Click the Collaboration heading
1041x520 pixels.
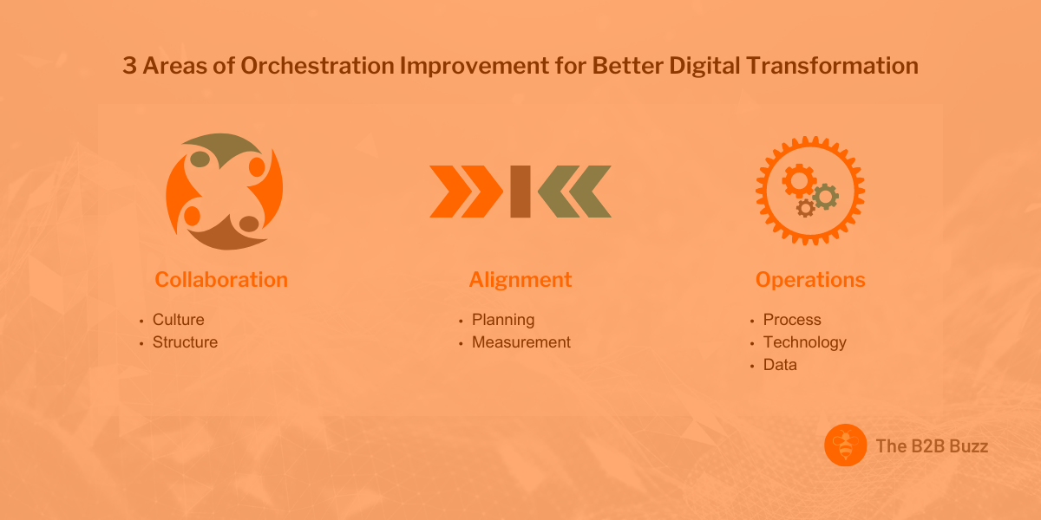click(221, 280)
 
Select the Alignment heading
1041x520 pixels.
click(520, 280)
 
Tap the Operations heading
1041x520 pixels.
click(810, 280)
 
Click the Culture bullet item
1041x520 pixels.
click(179, 320)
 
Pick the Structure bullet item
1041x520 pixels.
click(185, 342)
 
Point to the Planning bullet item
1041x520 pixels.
click(503, 320)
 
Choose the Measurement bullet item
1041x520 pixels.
click(521, 342)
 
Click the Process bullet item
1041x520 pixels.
click(792, 320)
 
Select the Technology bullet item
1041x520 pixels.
click(804, 342)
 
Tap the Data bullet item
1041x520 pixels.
click(780, 365)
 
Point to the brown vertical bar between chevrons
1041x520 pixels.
click(520, 192)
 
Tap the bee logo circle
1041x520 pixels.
click(846, 446)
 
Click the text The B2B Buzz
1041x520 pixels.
click(932, 447)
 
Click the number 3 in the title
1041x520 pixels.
click(129, 67)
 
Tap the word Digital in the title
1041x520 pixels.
click(703, 67)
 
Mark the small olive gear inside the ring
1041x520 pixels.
click(826, 196)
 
